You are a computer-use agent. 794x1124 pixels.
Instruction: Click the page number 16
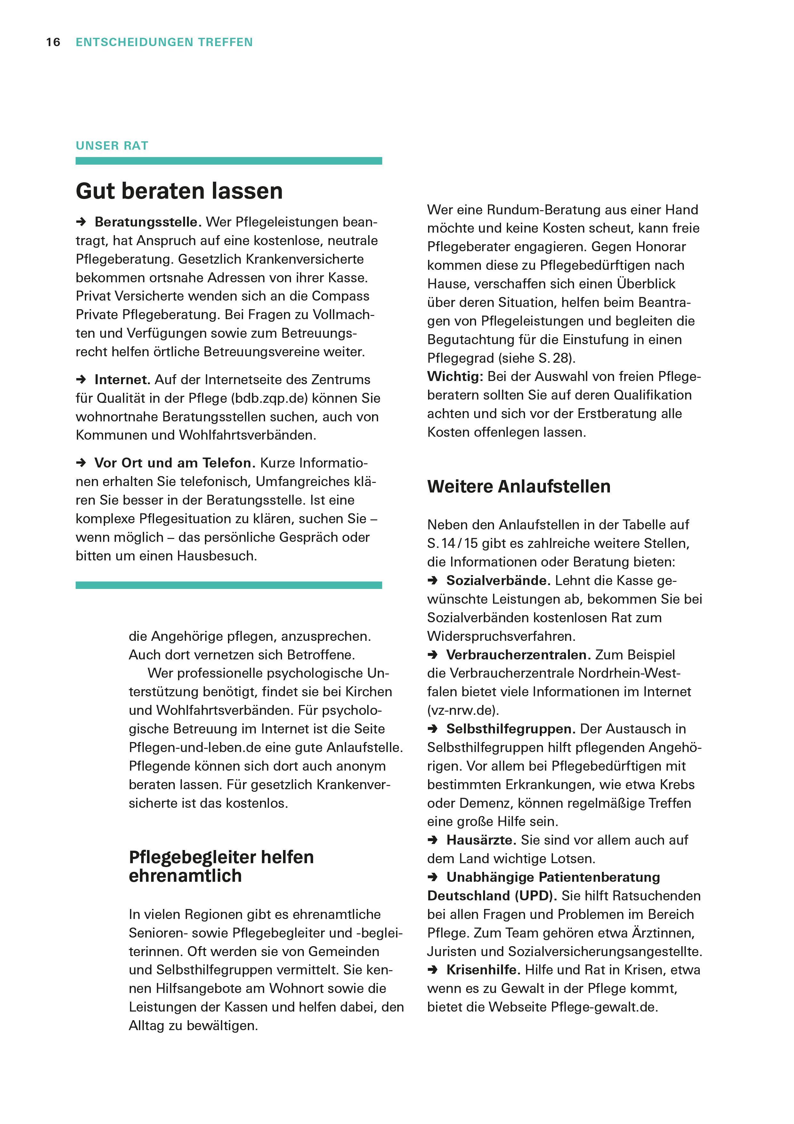(x=53, y=43)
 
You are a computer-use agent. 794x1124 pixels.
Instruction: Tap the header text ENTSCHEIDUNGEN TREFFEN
(x=164, y=43)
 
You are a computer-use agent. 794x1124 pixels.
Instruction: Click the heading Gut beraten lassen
(x=179, y=191)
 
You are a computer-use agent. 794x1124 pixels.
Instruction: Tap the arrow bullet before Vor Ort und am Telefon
(x=81, y=463)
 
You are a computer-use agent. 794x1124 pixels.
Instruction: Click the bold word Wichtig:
(x=455, y=377)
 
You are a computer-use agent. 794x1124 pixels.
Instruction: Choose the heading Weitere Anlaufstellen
(x=519, y=487)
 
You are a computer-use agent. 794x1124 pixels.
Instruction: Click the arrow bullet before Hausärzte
(x=433, y=840)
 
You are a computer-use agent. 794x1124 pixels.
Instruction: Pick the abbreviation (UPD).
(x=535, y=896)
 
